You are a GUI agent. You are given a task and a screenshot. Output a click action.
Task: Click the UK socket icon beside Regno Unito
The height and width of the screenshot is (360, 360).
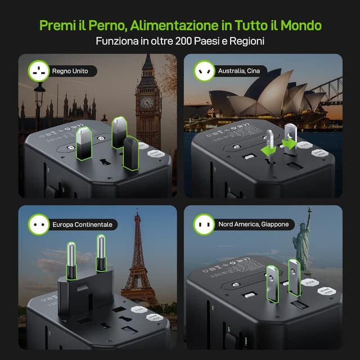click(39, 71)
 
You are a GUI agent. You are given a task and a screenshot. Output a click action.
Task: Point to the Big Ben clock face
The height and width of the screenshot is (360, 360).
click(147, 102)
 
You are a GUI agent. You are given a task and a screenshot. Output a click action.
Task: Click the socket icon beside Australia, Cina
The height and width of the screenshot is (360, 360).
click(204, 71)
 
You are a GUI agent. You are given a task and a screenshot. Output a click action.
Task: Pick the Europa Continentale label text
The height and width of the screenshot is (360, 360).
click(82, 224)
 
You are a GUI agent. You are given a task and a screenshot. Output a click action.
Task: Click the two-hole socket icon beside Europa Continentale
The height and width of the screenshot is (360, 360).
click(39, 224)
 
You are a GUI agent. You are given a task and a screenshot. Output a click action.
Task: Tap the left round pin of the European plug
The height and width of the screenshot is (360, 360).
click(72, 259)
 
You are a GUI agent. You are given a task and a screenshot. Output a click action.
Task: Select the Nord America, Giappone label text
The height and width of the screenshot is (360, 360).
click(254, 224)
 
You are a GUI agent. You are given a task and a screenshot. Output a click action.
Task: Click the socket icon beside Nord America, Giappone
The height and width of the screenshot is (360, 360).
click(204, 224)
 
